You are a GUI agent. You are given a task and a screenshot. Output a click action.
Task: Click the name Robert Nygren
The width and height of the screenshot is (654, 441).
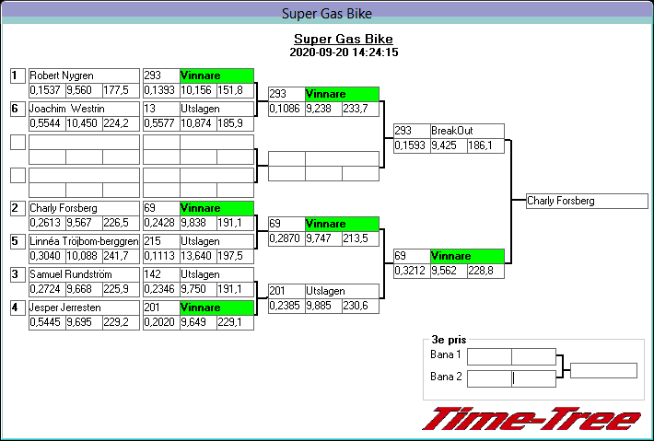pos(61,75)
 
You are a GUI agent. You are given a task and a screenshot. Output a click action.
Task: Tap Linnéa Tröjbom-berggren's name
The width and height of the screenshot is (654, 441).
pos(84,241)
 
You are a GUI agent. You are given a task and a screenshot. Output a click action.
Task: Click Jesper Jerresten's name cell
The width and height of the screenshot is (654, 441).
pos(67,308)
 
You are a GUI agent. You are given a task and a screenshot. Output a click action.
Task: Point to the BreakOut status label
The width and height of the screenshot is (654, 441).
pos(451,131)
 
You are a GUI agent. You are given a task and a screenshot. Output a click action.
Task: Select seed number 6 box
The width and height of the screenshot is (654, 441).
pos(16,109)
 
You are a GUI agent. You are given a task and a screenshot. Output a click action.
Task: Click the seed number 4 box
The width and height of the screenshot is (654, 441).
pos(16,308)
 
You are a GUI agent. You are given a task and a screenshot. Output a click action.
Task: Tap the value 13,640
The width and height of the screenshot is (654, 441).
pos(197,256)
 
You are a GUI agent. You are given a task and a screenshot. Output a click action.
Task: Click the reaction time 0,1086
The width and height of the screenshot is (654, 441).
pos(286,109)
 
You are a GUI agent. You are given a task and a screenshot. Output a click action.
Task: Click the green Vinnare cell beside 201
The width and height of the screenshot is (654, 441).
pos(216,308)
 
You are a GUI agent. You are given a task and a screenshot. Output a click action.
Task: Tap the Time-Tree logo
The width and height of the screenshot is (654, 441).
pos(531,420)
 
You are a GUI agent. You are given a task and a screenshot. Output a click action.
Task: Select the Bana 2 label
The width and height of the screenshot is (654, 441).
pos(446,377)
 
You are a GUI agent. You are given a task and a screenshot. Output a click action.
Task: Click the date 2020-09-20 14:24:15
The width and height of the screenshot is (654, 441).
pos(343,52)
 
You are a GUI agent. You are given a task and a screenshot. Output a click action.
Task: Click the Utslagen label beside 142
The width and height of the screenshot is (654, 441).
pos(199,274)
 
